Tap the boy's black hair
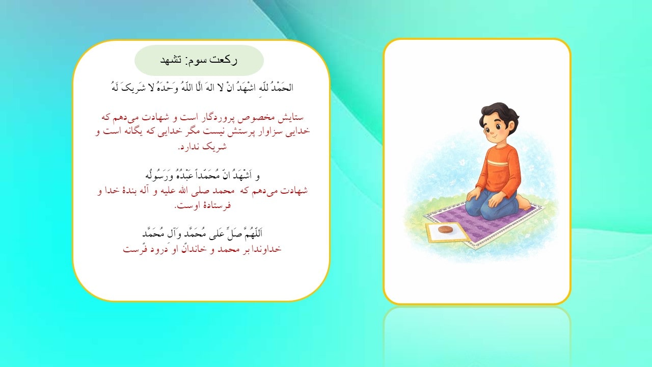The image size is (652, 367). (497, 112)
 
